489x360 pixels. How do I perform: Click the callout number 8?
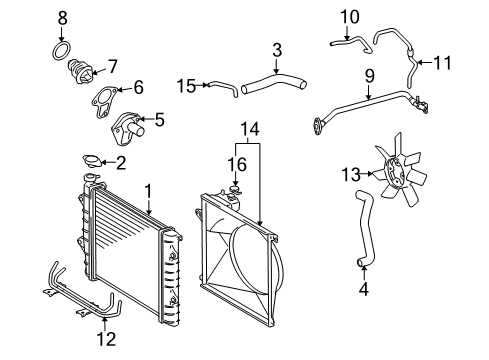63,17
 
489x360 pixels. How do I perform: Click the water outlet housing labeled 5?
126,130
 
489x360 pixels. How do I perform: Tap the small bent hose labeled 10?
345,42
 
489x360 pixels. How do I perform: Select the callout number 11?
443,63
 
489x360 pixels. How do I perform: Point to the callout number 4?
364,293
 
